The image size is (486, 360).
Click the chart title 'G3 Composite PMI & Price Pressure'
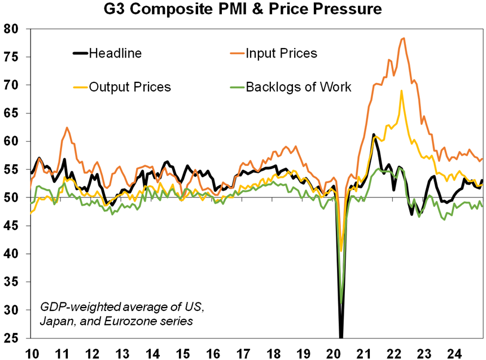(243, 10)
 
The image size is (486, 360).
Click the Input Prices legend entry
(281, 54)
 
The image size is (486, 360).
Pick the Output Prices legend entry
(130, 87)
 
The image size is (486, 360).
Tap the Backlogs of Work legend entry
(299, 87)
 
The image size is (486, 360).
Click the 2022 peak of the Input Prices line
(403, 38)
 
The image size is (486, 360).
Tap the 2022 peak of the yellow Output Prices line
(401, 91)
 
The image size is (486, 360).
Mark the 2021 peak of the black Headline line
(374, 134)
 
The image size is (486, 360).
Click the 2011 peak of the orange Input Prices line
(67, 128)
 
